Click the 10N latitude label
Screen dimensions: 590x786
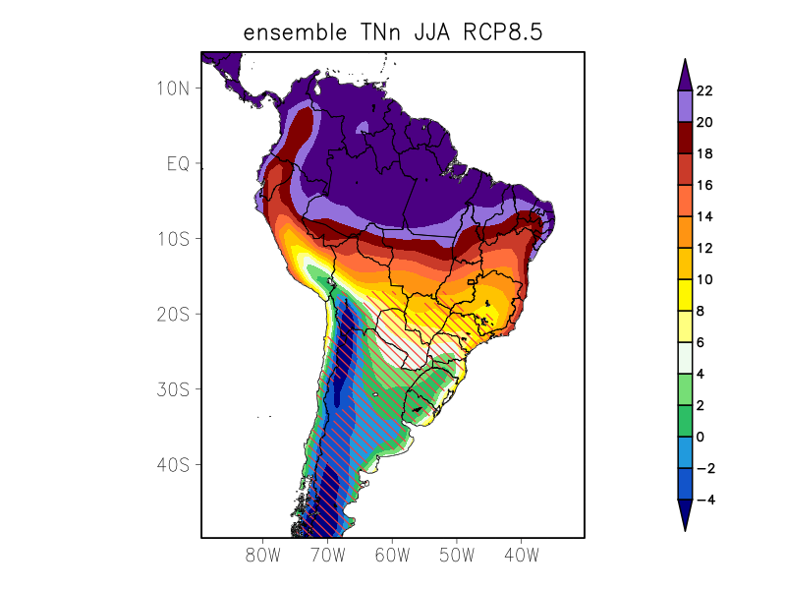(173, 88)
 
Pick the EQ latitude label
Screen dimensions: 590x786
(177, 163)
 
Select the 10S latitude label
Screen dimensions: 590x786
(173, 239)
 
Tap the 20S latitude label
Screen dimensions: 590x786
(173, 314)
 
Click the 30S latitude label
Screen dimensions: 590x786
(173, 389)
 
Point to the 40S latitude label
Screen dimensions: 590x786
(173, 464)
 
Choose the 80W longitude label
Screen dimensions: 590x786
(263, 555)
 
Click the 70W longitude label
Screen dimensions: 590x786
(327, 555)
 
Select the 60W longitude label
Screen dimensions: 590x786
(392, 555)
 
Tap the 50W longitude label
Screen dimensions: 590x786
(457, 555)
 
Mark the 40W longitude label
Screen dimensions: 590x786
(521, 555)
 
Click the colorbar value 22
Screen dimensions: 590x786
(703, 91)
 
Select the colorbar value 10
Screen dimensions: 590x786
(703, 279)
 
